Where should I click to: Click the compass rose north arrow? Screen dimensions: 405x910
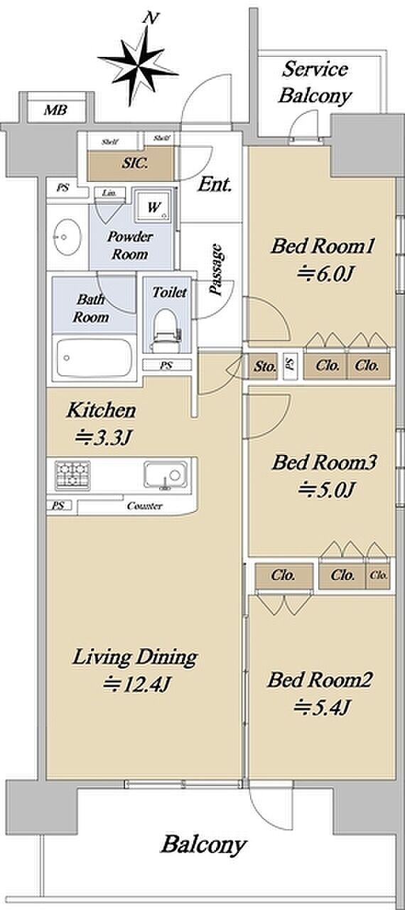coord(137,65)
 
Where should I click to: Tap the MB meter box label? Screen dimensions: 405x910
coord(55,109)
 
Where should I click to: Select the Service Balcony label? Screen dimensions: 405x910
coord(315,82)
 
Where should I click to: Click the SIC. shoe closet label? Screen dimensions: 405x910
coord(135,164)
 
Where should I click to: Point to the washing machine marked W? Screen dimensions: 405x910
coord(153,207)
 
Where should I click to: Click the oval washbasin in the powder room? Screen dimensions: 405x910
coord(67,237)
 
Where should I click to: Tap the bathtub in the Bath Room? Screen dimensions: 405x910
coord(94,358)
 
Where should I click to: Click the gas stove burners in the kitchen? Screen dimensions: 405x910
coord(72,476)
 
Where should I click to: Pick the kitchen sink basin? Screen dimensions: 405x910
coord(166,474)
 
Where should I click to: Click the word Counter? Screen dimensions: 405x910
coord(144,506)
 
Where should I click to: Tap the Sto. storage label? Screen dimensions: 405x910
coord(264,367)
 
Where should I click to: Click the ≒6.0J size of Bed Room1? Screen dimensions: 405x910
coord(325,274)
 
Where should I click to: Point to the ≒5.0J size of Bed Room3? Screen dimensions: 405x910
coord(326,489)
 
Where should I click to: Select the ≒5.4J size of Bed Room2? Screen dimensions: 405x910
coord(321,707)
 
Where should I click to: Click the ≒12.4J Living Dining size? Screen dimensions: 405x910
coord(136,684)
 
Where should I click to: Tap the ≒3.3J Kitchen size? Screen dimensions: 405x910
coord(103,437)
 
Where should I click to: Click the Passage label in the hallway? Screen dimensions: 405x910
coord(216,269)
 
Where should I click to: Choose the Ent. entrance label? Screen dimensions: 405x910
coord(215,185)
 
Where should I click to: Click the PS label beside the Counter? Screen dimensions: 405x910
coord(58,505)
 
